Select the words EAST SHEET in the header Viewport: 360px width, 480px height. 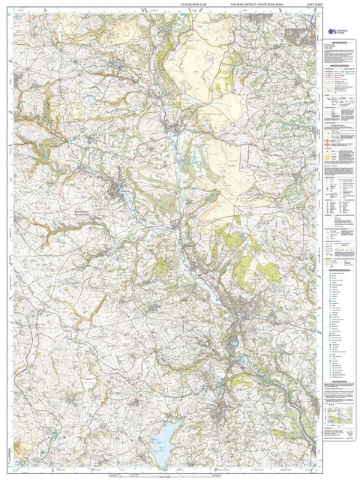[302, 7]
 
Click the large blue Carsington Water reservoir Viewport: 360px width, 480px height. [165, 433]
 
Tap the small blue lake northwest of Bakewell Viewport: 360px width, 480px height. [91, 98]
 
